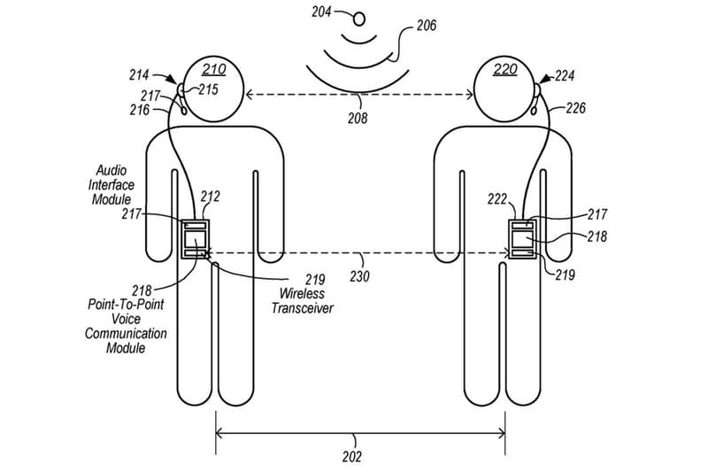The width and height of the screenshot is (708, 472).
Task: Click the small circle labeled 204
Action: [x=359, y=19]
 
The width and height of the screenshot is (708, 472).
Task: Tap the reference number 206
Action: [x=427, y=26]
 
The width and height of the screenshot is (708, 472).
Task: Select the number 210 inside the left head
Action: [x=213, y=69]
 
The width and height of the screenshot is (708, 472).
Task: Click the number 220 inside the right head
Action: [x=504, y=70]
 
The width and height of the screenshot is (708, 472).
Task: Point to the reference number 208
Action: [x=358, y=118]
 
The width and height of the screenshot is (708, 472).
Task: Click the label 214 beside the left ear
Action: [x=139, y=74]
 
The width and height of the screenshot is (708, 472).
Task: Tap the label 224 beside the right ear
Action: [x=565, y=75]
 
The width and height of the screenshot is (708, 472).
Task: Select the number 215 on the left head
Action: [x=208, y=89]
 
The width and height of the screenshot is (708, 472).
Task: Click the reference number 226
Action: [x=575, y=108]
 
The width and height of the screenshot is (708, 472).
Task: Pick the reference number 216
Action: [x=140, y=110]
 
